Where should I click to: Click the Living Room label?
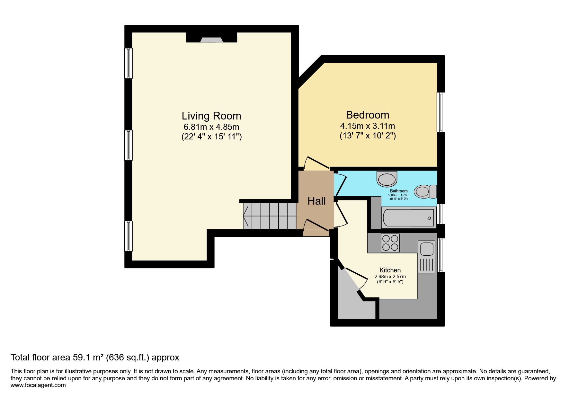(x=211, y=116)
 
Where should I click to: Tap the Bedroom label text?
(x=368, y=115)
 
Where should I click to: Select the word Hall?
(x=316, y=201)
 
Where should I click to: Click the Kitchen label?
(x=390, y=270)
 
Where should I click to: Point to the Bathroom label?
(x=399, y=191)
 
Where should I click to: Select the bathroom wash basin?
(x=387, y=179)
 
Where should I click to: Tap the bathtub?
(x=408, y=217)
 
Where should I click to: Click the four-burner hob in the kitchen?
(x=390, y=243)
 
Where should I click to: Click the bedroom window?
(x=441, y=112)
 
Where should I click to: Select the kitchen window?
(x=441, y=255)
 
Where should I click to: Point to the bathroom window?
(x=441, y=214)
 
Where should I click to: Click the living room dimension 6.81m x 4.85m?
(x=211, y=127)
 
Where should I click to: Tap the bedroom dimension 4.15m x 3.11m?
(x=368, y=126)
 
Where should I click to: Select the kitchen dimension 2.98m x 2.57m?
(x=390, y=277)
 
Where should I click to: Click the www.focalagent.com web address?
(x=38, y=385)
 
